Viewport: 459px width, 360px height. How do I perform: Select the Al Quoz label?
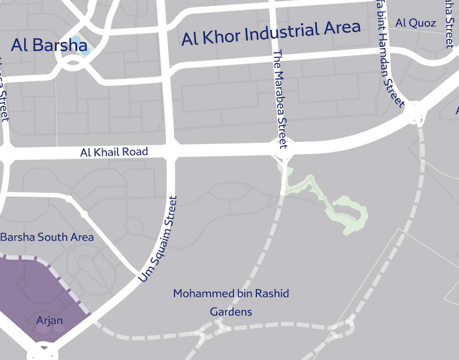415,23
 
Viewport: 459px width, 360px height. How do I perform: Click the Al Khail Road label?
114,152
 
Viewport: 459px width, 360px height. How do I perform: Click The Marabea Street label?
281,99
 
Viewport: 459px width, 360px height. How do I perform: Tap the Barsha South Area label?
47,237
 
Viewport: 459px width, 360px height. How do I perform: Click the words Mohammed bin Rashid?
231,293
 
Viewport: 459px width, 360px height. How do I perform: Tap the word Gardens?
231,311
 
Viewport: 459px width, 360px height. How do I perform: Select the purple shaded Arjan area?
37,291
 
